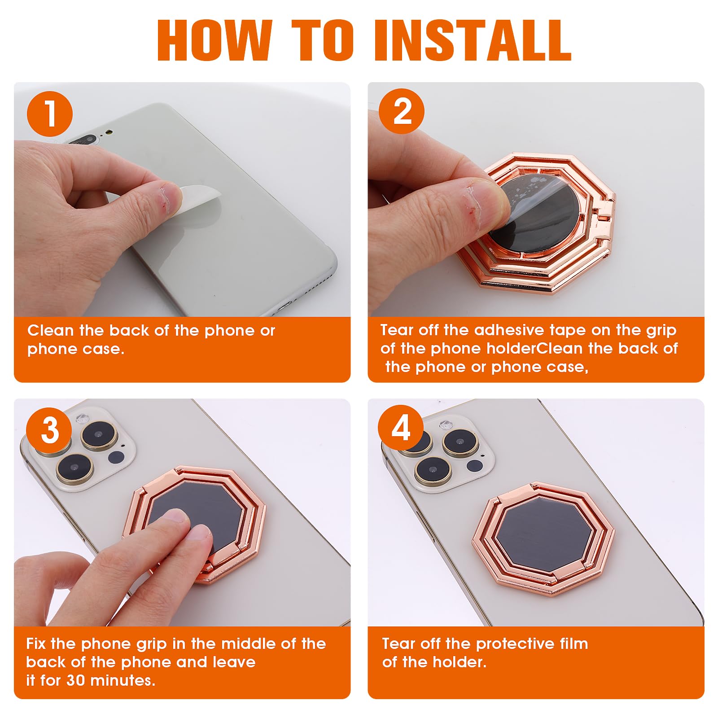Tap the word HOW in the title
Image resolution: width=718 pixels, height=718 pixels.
point(215,40)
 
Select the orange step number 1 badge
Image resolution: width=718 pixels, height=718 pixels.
point(50,114)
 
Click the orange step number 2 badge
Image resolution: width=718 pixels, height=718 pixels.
point(402,111)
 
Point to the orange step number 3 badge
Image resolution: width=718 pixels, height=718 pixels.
point(49,430)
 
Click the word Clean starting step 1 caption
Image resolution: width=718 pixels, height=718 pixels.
point(50,331)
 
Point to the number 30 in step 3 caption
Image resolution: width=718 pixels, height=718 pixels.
point(75,681)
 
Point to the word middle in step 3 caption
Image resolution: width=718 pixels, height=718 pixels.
point(249,644)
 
